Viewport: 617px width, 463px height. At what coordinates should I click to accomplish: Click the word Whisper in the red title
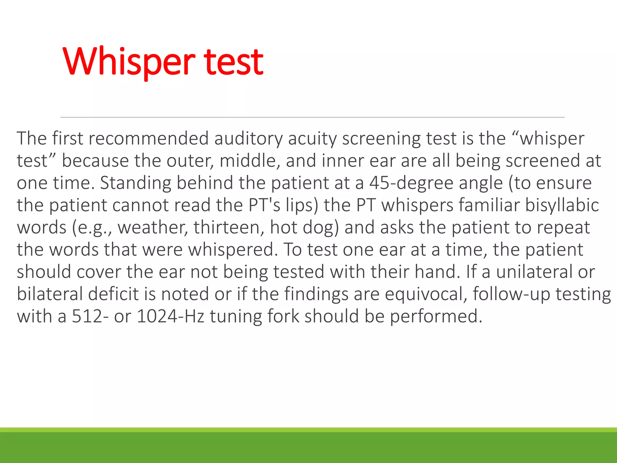[x=129, y=62]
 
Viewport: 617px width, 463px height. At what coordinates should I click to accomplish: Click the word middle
[x=248, y=161]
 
